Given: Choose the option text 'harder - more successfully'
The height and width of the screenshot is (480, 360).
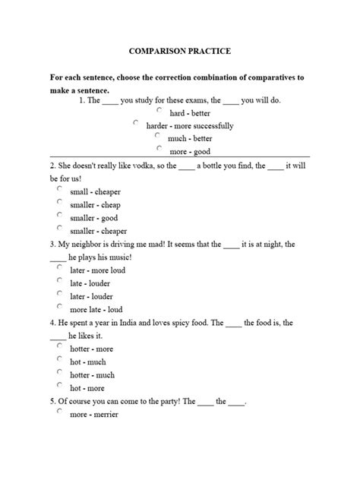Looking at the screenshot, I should pyautogui.click(x=190, y=126).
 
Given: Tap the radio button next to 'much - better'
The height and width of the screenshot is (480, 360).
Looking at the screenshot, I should pyautogui.click(x=159, y=136).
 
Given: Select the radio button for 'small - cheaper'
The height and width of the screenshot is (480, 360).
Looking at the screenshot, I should pyautogui.click(x=59, y=190).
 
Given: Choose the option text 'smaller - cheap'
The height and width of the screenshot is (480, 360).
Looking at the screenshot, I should pyautogui.click(x=95, y=205).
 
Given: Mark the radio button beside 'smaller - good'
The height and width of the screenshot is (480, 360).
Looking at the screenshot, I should pyautogui.click(x=59, y=216).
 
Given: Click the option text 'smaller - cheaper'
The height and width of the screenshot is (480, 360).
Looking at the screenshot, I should pyautogui.click(x=98, y=231).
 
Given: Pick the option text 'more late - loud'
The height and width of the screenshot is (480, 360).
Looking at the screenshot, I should pyautogui.click(x=96, y=310).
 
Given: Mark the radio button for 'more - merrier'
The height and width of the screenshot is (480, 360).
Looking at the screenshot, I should pyautogui.click(x=59, y=412).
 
